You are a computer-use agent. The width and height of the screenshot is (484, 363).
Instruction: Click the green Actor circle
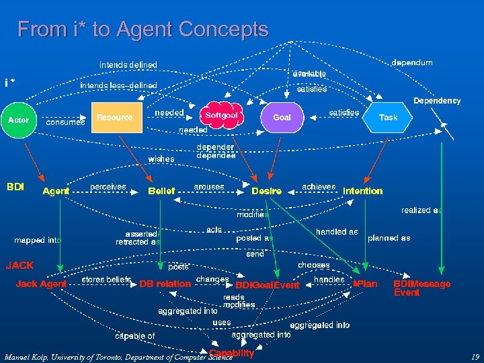click(19, 120)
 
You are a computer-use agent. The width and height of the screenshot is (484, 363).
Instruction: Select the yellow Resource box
click(115, 118)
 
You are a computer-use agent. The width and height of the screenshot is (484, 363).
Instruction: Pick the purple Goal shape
click(282, 118)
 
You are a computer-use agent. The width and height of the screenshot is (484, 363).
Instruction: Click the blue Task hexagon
click(388, 118)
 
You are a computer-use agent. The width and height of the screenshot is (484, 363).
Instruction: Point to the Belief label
click(161, 191)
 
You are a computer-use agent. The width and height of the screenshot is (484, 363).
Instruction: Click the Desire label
click(267, 191)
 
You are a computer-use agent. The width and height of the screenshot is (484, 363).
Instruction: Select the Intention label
click(363, 191)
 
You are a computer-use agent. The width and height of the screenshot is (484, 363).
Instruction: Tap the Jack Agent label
click(42, 284)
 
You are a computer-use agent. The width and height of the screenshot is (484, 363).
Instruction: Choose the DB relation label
click(165, 284)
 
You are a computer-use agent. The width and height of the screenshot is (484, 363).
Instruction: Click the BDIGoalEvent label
click(268, 285)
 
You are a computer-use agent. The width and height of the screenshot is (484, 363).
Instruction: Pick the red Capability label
click(231, 353)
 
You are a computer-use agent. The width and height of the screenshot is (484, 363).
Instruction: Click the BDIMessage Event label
click(421, 288)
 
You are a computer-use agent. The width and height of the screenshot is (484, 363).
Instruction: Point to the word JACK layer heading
click(20, 265)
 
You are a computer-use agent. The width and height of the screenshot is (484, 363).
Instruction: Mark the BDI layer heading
click(15, 186)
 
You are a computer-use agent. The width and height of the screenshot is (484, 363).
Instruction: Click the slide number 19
click(475, 358)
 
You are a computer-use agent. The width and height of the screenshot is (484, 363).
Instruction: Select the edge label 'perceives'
click(108, 186)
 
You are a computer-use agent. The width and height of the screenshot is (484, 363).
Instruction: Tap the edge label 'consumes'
click(65, 122)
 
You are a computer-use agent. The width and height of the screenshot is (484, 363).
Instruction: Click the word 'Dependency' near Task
click(437, 101)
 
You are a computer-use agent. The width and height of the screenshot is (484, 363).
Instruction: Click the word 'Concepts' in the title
click(227, 30)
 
